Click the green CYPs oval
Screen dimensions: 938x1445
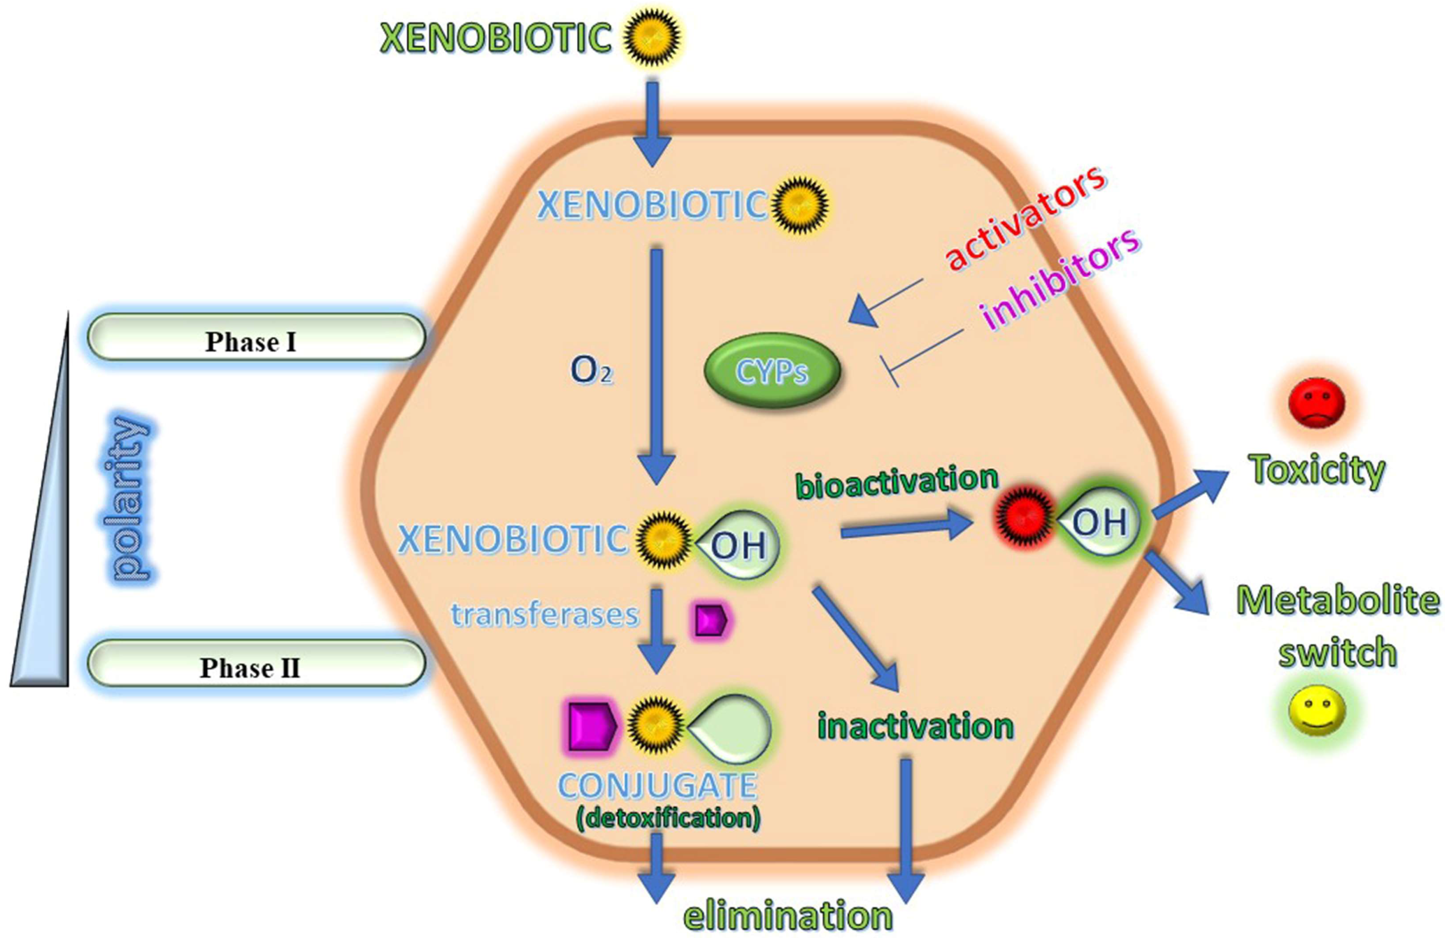tap(772, 370)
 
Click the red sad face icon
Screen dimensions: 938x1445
tap(1316, 403)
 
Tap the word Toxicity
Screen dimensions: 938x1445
tap(1316, 470)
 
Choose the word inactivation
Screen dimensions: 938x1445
tap(915, 726)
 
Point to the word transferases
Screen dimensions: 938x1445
tap(544, 615)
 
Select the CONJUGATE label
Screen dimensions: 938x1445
tap(658, 786)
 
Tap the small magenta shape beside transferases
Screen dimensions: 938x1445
tap(710, 619)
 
